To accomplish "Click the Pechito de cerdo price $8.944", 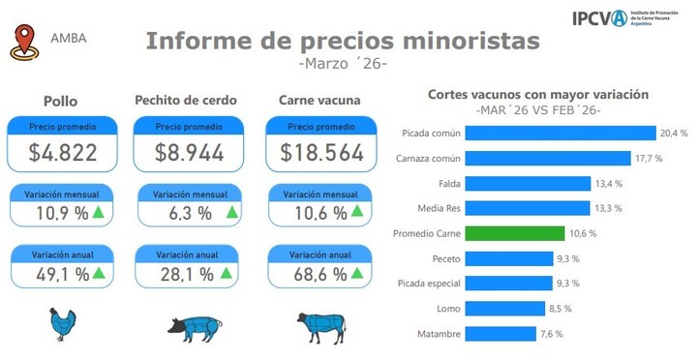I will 190,152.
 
